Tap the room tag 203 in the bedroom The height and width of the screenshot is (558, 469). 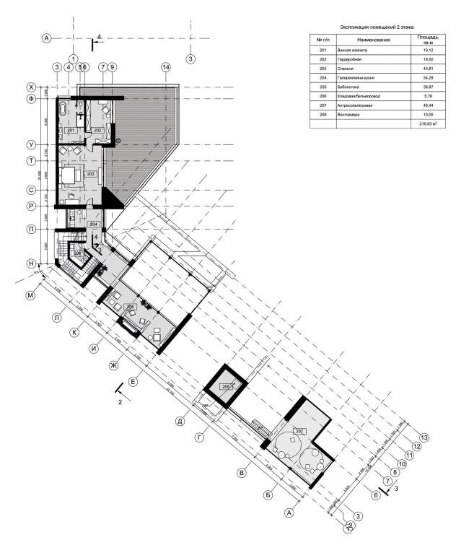[91, 174]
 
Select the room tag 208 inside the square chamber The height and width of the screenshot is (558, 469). [226, 388]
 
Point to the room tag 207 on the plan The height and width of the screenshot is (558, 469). [300, 431]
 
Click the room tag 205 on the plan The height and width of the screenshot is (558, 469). [131, 307]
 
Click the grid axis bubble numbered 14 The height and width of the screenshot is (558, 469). [166, 67]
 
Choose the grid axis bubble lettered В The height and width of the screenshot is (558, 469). [242, 473]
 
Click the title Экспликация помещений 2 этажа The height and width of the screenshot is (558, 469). [372, 27]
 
